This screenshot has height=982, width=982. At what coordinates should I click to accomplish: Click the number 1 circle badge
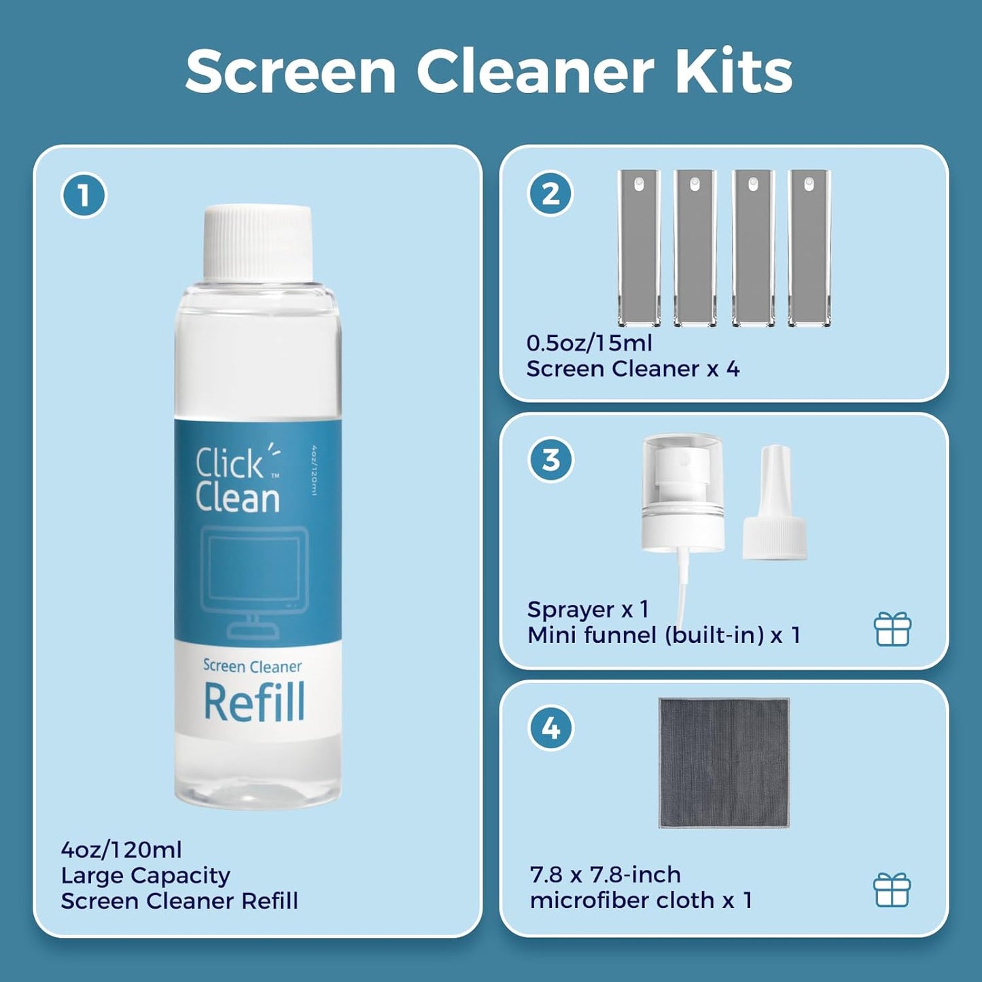tap(84, 195)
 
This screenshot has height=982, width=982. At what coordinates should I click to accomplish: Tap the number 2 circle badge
tap(550, 193)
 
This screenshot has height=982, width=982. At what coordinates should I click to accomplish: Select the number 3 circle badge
tap(550, 460)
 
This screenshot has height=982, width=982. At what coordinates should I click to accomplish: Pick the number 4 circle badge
tap(550, 728)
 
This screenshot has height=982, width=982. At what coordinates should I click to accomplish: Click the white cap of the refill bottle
tap(258, 242)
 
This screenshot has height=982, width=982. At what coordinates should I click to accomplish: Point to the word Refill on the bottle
tap(254, 703)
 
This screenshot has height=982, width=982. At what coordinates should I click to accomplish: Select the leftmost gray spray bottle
tap(639, 248)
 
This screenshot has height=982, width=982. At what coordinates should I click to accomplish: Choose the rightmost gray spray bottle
tap(809, 248)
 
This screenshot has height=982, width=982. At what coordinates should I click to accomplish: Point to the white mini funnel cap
tap(775, 506)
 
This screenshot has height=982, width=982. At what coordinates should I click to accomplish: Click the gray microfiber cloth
tap(724, 762)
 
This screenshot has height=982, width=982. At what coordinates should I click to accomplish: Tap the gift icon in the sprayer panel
tap(892, 629)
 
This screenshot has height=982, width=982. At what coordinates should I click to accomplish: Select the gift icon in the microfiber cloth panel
tap(892, 890)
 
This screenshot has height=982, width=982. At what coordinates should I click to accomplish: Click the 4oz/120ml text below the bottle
tap(121, 849)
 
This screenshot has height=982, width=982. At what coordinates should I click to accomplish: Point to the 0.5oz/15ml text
tap(589, 343)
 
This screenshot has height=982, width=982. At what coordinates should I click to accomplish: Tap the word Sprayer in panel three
tap(571, 610)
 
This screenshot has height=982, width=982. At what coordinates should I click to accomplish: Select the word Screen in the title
tap(291, 71)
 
